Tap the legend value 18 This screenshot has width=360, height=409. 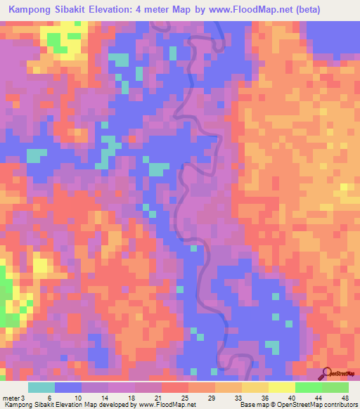click(132, 397)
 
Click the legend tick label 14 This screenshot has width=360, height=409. click(106, 397)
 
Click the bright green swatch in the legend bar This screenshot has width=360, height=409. click(308, 387)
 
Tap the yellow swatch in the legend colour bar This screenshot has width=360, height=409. click(281, 387)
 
